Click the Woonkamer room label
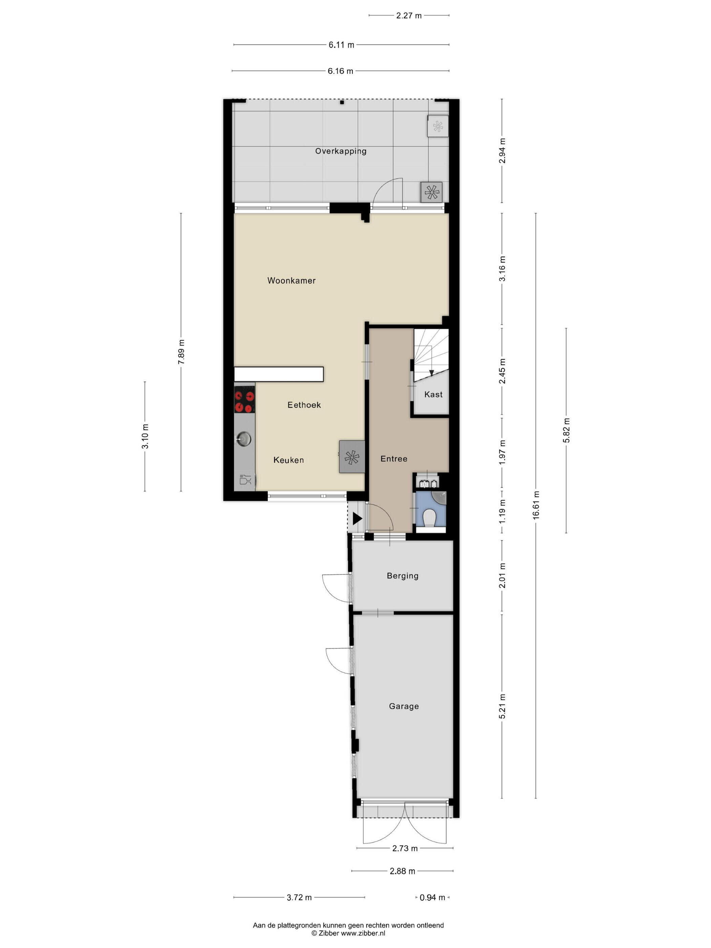pyautogui.click(x=292, y=281)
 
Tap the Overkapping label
pyautogui.click(x=341, y=151)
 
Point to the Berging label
pyautogui.click(x=403, y=576)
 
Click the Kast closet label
pyautogui.click(x=433, y=394)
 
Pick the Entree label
pyautogui.click(x=394, y=458)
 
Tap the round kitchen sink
pyautogui.click(x=243, y=438)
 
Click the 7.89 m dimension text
pyautogui.click(x=181, y=352)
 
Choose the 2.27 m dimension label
pyautogui.click(x=409, y=16)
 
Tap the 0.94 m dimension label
pyautogui.click(x=432, y=897)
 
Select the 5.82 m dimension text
pyautogui.click(x=566, y=430)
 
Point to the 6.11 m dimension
pyautogui.click(x=342, y=45)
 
